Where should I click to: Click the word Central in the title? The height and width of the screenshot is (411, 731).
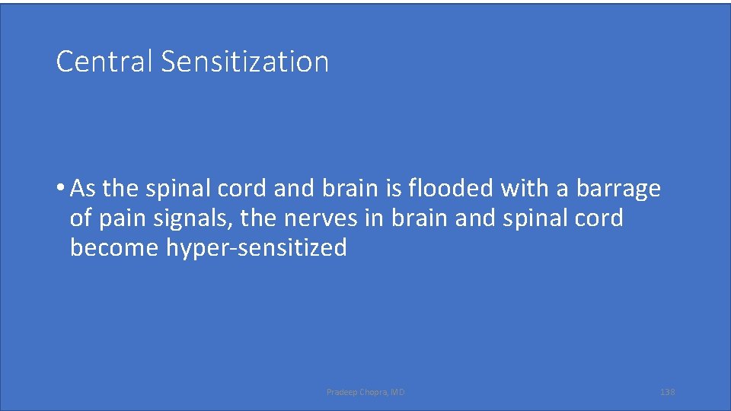coord(105,62)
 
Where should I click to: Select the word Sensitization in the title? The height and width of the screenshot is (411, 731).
coord(244,62)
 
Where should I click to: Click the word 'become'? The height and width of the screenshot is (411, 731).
coord(114,248)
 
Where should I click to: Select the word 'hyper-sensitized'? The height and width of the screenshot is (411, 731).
coord(257,248)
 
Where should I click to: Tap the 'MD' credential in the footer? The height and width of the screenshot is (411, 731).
coord(398,392)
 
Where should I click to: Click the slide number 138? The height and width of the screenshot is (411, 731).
coord(667,392)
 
